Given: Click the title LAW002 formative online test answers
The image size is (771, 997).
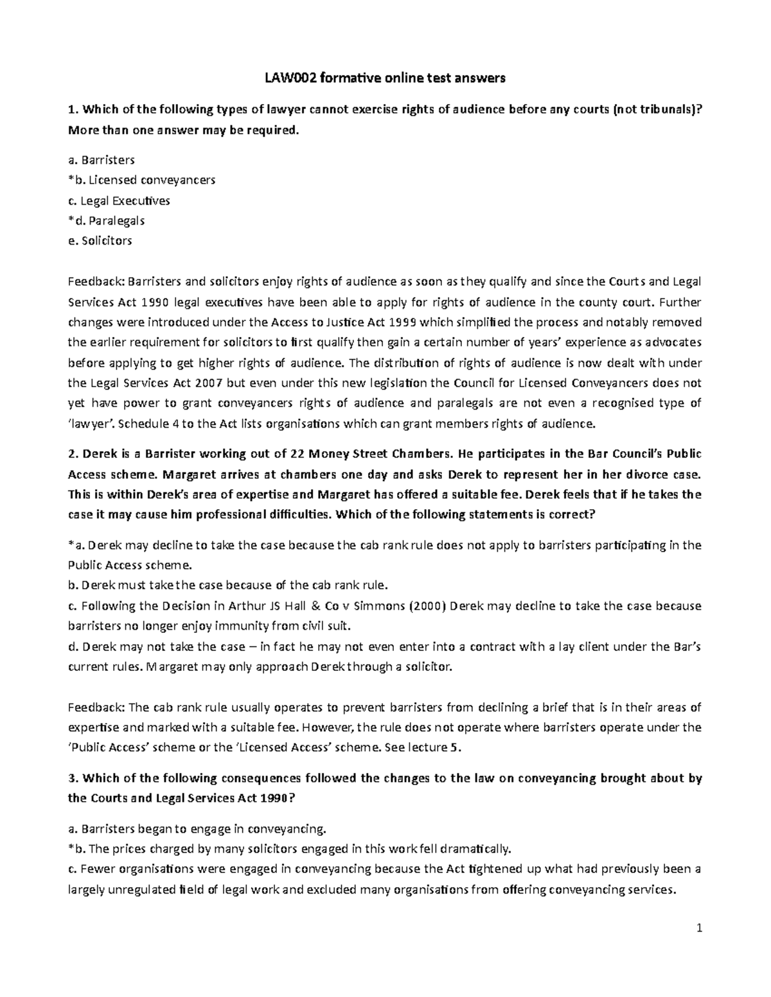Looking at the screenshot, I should [x=385, y=79].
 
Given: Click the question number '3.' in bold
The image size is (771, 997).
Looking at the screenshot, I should [x=72, y=778].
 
